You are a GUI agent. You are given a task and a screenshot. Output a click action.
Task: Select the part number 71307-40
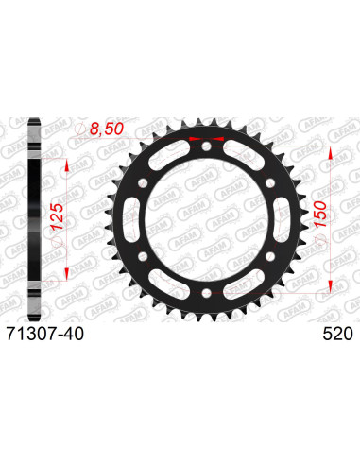[59, 333]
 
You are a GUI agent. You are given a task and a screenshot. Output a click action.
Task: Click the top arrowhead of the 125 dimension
[66, 162]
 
